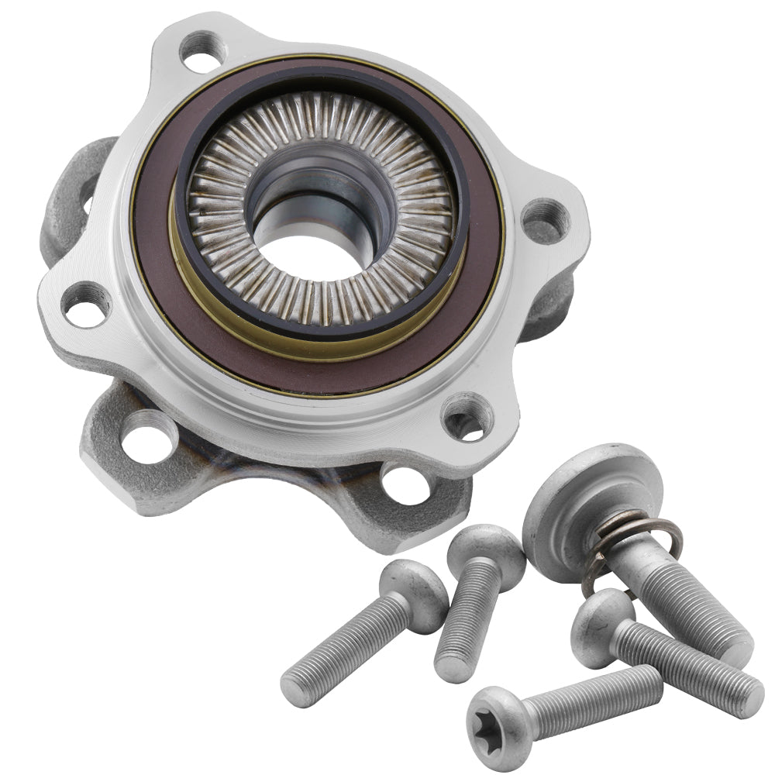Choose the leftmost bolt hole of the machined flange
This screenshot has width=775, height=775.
(84, 304)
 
